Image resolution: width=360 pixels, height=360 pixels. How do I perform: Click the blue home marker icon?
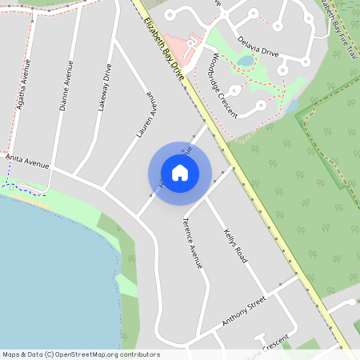180,172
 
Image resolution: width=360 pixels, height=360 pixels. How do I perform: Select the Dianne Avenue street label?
66,85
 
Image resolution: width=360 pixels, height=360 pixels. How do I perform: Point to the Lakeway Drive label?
102,86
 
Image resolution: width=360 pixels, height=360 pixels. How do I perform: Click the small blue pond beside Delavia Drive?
246,60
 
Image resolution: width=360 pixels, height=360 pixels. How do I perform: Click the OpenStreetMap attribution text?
80,354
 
